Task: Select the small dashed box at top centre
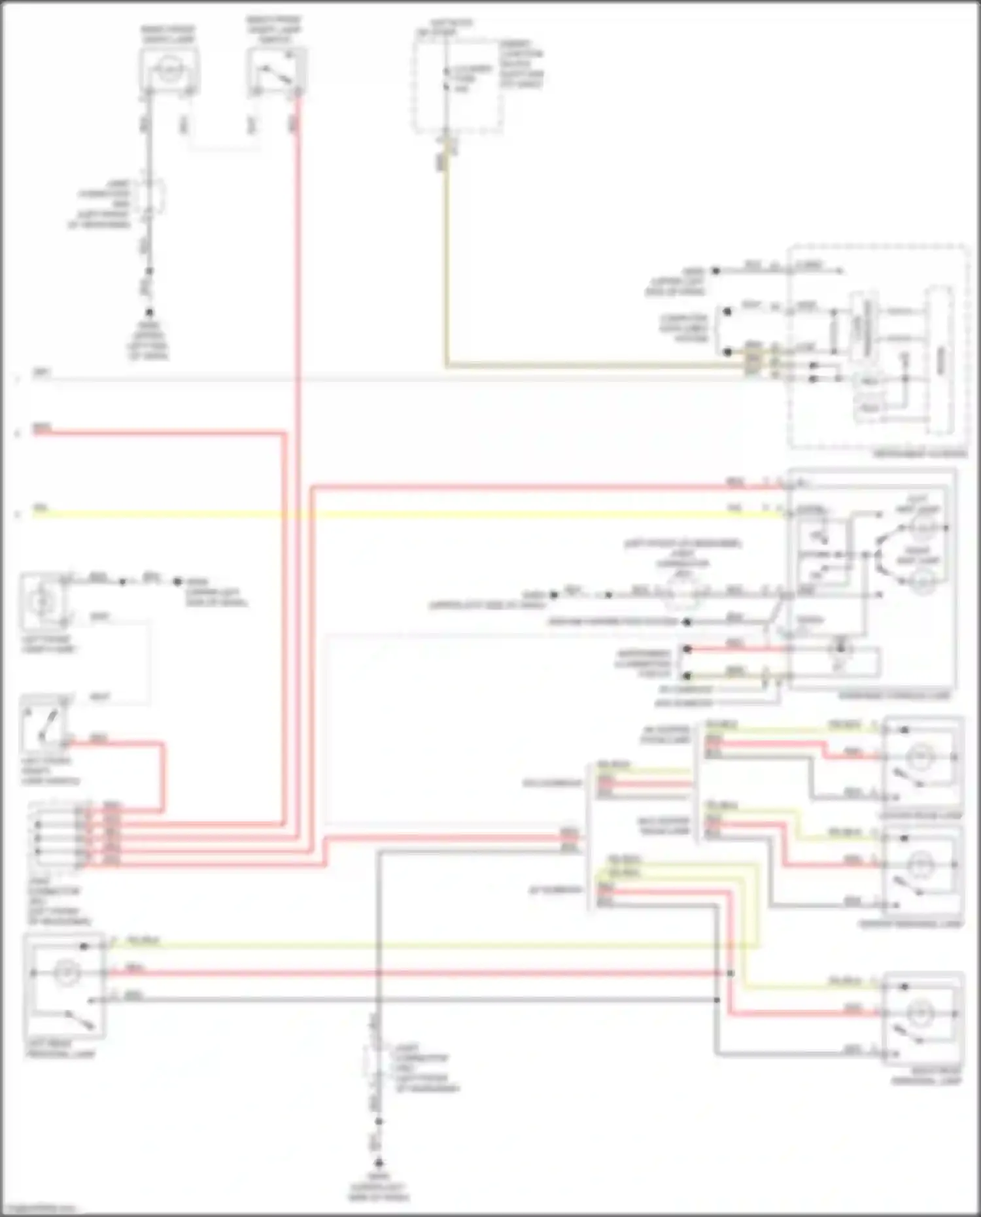(458, 85)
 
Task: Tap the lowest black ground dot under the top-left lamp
(149, 313)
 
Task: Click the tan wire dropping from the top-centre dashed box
(447, 262)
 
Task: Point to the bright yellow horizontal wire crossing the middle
(392, 515)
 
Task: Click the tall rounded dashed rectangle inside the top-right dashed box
(940, 360)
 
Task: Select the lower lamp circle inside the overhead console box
(923, 579)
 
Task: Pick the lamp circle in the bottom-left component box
(66, 973)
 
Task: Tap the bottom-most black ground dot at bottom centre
(378, 1162)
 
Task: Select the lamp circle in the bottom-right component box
(923, 1014)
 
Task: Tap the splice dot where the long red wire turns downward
(730, 974)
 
